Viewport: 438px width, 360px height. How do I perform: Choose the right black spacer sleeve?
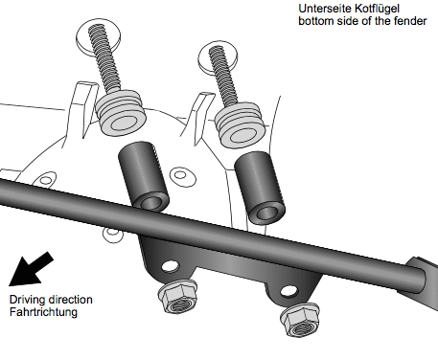(x=260, y=185)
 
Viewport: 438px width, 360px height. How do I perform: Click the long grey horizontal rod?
(x=316, y=251)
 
